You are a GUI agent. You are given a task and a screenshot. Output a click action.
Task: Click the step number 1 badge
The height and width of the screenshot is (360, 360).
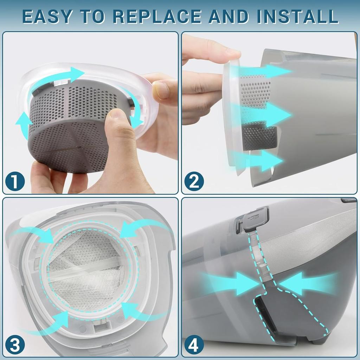point(15,182)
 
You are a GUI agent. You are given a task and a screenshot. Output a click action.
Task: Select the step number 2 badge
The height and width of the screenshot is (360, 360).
point(194,182)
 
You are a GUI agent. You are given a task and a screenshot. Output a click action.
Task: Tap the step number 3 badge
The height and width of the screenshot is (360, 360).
point(15,345)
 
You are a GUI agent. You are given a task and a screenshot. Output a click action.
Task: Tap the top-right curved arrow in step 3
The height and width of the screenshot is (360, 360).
point(141,227)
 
